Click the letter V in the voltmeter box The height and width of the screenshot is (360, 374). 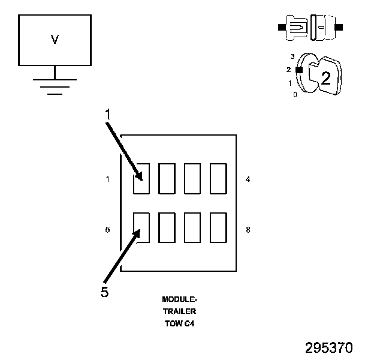click(55, 40)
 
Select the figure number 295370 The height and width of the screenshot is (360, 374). click(328, 348)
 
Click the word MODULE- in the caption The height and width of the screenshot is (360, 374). click(180, 299)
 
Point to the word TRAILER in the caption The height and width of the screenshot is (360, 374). click(180, 311)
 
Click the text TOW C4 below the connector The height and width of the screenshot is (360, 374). click(180, 324)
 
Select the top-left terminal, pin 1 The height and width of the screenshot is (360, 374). click(141, 178)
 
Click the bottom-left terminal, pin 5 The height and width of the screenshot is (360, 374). click(141, 227)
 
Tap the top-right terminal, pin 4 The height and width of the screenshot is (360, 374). click(218, 178)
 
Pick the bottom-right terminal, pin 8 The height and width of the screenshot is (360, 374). click(218, 227)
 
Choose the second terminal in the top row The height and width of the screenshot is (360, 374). click(167, 178)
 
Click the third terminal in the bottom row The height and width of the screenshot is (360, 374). click(192, 227)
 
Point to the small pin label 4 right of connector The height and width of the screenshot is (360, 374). click(248, 179)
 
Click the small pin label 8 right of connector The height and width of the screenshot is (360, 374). click(248, 229)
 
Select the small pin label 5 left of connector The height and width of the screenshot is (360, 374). click(107, 229)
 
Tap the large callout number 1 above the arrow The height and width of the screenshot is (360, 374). click(107, 113)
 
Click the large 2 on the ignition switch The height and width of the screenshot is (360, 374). click(325, 78)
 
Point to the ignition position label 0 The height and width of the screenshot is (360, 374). click(295, 95)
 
